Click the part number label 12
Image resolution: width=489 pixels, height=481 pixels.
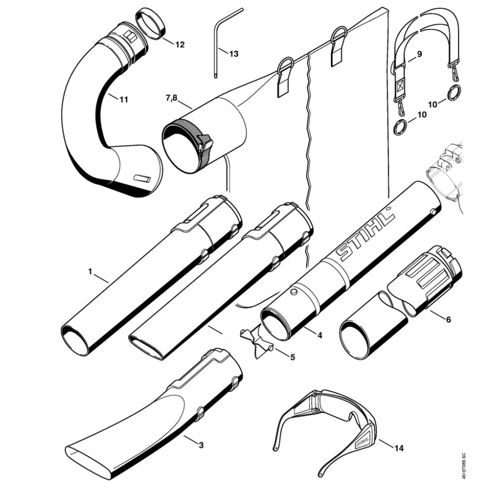[x=180, y=45]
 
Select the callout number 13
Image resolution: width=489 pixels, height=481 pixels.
[x=233, y=54]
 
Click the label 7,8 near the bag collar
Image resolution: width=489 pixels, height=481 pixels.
[x=171, y=98]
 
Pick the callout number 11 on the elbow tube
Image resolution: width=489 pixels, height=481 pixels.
[x=124, y=100]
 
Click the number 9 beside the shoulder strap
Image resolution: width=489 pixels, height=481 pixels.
[x=419, y=54]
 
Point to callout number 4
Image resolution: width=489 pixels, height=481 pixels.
[x=320, y=335]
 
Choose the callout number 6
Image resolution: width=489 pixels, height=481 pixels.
[x=448, y=320]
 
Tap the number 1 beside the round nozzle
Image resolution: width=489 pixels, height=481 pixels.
[x=90, y=272]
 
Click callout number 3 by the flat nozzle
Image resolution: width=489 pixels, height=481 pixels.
[x=201, y=445]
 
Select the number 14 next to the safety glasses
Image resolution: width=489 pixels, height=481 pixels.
[x=399, y=448]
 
